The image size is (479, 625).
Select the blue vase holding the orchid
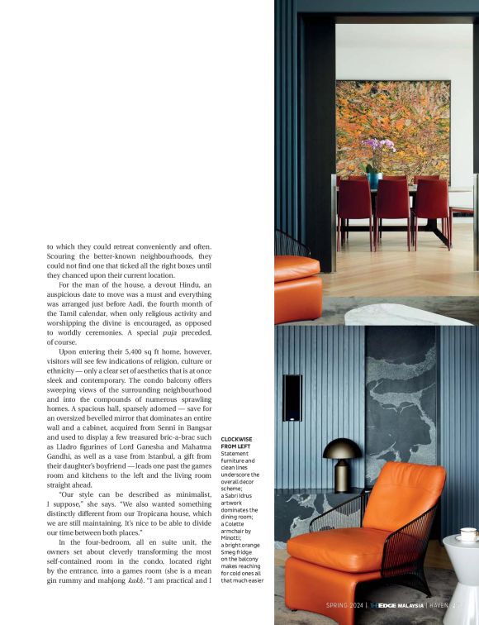coord(374,179)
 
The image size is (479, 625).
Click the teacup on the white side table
coord(468,534)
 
